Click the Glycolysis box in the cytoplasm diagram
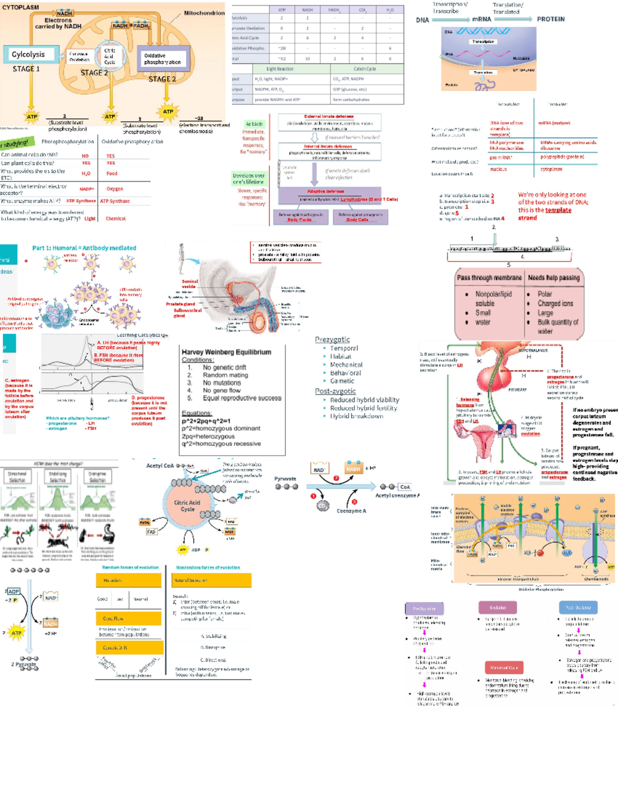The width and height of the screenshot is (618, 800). tap(28, 55)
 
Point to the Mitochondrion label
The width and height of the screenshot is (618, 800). tap(204, 13)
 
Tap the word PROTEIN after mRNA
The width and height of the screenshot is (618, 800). tap(551, 19)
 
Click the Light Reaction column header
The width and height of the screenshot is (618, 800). tap(280, 69)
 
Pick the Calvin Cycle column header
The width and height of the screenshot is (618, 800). tap(365, 69)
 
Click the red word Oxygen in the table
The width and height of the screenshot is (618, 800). tap(114, 189)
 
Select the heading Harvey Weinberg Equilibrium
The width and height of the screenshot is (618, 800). tap(226, 352)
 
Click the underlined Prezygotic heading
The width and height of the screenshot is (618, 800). tap(332, 339)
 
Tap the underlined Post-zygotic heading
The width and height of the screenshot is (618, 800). tap(335, 391)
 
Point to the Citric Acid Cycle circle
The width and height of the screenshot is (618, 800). tap(187, 505)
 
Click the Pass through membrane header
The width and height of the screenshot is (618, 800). tap(489, 278)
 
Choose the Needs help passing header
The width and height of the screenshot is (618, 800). tap(554, 278)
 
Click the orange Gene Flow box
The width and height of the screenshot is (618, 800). tap(129, 618)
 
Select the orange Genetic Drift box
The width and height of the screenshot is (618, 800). tap(129, 648)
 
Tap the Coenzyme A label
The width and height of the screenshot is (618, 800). tap(351, 511)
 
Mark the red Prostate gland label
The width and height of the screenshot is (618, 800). tap(180, 304)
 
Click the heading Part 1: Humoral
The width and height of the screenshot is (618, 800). tap(84, 248)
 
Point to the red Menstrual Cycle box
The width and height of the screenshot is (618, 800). tap(504, 668)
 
